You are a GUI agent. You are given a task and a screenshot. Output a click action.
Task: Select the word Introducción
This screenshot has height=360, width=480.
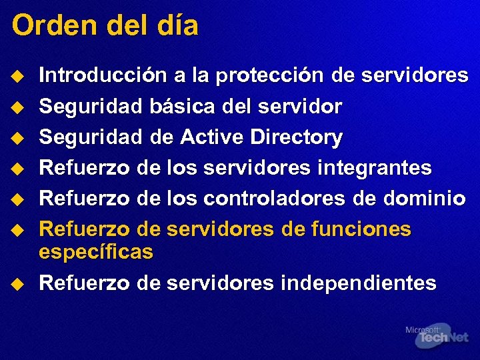pyautogui.click(x=103, y=75)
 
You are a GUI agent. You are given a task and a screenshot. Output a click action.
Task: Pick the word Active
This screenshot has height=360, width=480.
pyautogui.click(x=212, y=137)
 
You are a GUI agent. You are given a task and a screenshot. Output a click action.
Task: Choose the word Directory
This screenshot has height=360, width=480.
pyautogui.click(x=296, y=137)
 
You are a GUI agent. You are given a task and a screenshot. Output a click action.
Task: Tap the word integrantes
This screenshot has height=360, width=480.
pyautogui.click(x=374, y=167)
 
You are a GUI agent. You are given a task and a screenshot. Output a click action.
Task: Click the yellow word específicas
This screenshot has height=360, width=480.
pyautogui.click(x=96, y=252)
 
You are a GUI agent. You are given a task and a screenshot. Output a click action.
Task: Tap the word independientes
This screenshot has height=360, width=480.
pyautogui.click(x=358, y=283)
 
